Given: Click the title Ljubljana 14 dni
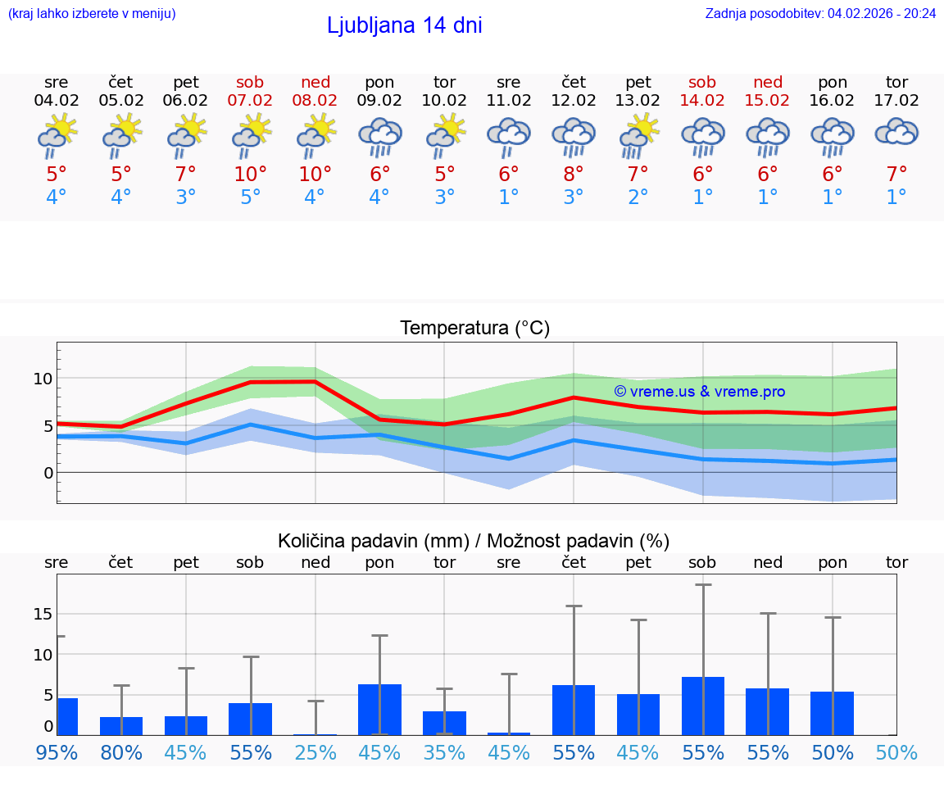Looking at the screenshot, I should point(404,25).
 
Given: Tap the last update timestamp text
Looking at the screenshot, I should point(820,13).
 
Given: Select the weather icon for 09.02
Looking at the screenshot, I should point(379,136).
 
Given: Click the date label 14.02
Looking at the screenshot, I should point(702,101).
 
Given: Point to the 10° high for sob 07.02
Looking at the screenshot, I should point(250,175).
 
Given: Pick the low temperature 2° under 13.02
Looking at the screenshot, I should point(638,197).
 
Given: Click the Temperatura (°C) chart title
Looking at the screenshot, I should point(474,329).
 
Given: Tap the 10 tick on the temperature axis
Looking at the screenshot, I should point(43,379).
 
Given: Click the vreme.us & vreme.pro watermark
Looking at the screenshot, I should point(699,392).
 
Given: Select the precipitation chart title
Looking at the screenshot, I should point(473,541).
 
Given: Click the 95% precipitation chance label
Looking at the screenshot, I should point(57,753).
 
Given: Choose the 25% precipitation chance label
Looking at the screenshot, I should point(315,753).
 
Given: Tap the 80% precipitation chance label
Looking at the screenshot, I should point(121,753).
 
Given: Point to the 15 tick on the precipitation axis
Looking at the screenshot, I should point(43,614).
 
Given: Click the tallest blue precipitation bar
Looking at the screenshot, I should point(702,706).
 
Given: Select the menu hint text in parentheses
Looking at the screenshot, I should point(91,13).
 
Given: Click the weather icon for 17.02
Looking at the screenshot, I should point(896,133).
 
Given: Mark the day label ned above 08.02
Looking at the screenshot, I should point(315,82).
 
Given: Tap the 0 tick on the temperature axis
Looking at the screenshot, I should point(48,473).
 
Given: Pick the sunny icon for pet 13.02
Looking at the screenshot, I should point(638,136).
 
